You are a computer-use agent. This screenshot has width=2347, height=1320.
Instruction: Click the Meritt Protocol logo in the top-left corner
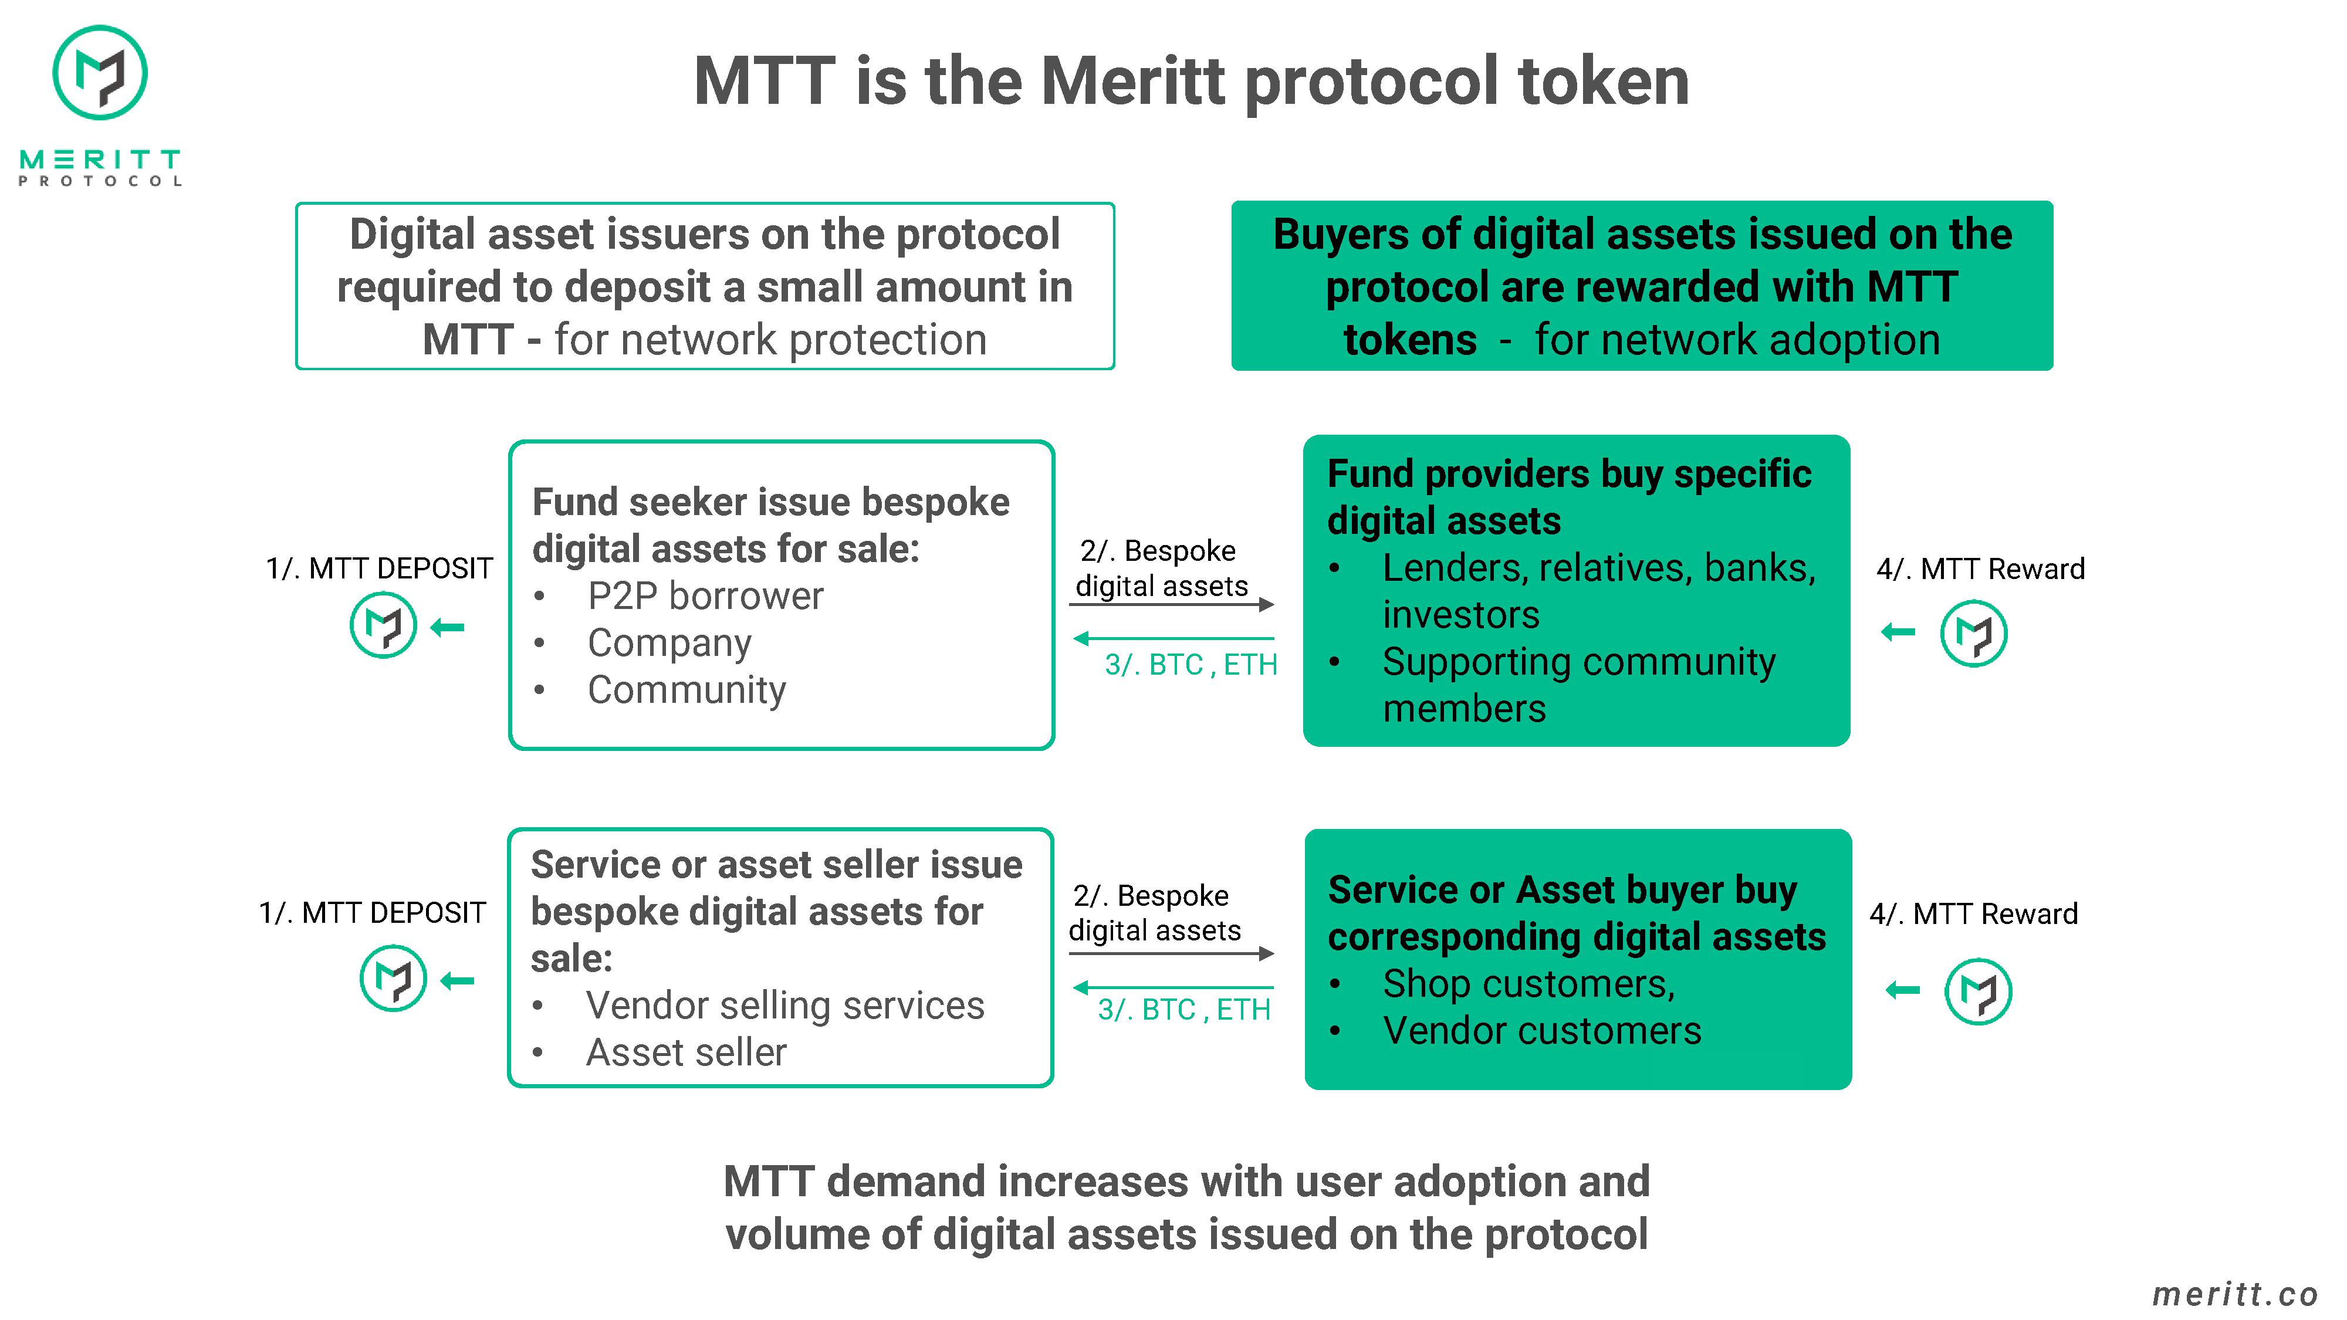(x=100, y=105)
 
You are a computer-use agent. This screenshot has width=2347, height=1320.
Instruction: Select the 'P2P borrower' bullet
(x=705, y=596)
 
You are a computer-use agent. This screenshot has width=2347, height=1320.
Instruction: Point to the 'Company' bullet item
(x=669, y=643)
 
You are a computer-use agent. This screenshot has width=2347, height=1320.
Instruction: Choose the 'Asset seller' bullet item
(x=686, y=1052)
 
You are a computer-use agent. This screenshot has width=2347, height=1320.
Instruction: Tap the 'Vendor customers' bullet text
(x=1541, y=1030)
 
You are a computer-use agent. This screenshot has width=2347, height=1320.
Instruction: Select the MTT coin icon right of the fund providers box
(x=1973, y=633)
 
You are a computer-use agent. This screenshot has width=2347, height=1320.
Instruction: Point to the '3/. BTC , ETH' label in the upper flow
(x=1191, y=664)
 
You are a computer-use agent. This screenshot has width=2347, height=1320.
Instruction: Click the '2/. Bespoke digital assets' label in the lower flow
(x=1154, y=913)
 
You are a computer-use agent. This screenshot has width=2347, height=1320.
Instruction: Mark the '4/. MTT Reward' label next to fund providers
(x=1981, y=568)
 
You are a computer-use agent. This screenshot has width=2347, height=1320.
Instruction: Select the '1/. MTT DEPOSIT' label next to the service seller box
(x=373, y=912)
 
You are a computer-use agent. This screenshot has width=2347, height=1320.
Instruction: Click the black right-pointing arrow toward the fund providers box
(x=1172, y=604)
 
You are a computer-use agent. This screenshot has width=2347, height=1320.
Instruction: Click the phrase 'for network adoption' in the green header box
(x=1737, y=340)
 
